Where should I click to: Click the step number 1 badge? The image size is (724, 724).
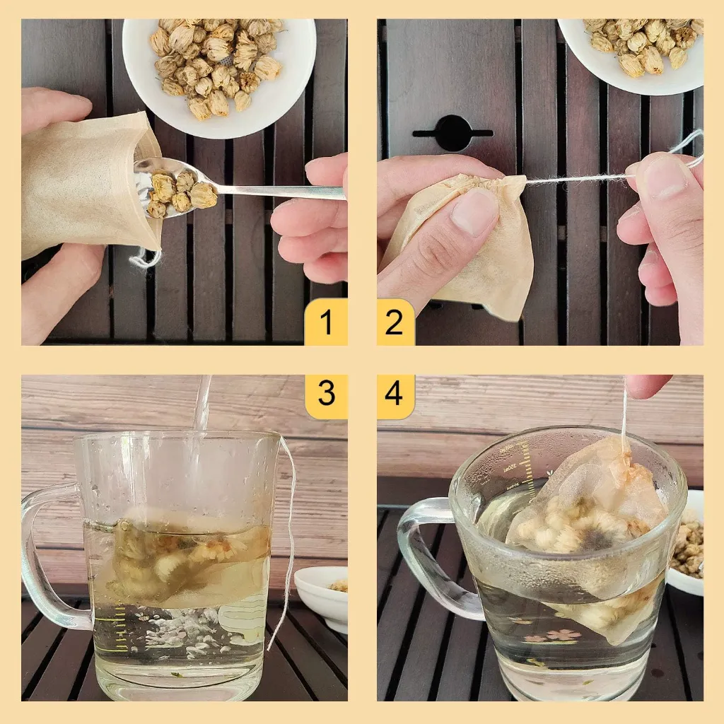pyautogui.click(x=326, y=323)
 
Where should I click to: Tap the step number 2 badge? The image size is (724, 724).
pyautogui.click(x=395, y=323)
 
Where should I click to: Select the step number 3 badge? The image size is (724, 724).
pyautogui.click(x=326, y=393)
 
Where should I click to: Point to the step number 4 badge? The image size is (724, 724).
pyautogui.click(x=395, y=393)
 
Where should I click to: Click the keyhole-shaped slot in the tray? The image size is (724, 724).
pyautogui.click(x=452, y=132)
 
